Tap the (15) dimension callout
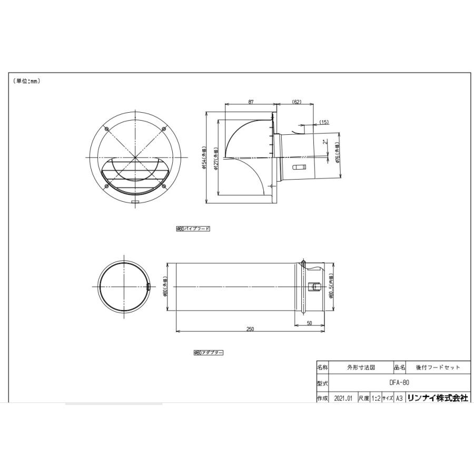pyautogui.click(x=324, y=122)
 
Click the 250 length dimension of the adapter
pyautogui.click(x=250, y=329)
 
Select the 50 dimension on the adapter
pyautogui.click(x=310, y=323)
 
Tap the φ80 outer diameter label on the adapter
pyautogui.click(x=165, y=288)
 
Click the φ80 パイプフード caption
pyautogui.click(x=193, y=229)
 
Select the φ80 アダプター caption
pyautogui.click(x=208, y=353)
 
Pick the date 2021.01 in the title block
pyautogui.click(x=343, y=399)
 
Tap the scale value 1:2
pyautogui.click(x=376, y=399)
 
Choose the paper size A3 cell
pyautogui.click(x=399, y=399)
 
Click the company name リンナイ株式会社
pyautogui.click(x=437, y=399)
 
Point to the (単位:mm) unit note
pyautogui.click(x=26, y=81)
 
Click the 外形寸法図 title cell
pyautogui.click(x=361, y=368)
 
